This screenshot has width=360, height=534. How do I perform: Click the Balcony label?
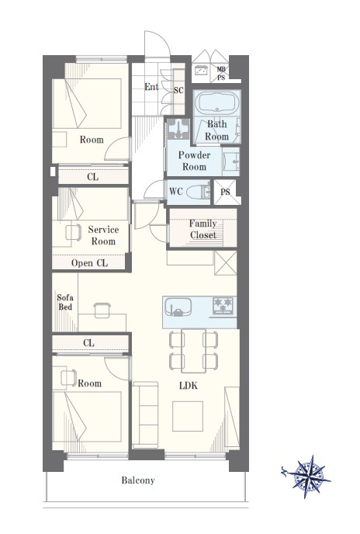[138, 480]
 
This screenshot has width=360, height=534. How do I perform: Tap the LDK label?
[189, 386]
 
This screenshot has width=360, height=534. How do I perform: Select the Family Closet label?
[203, 229]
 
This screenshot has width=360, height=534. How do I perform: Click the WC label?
[176, 192]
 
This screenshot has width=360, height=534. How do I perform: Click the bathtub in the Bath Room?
[217, 102]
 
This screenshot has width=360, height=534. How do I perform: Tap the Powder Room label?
[194, 161]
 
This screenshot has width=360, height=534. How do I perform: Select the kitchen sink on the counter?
[178, 307]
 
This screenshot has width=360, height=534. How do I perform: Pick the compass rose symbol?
[308, 476]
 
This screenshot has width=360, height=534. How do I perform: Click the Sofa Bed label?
[65, 302]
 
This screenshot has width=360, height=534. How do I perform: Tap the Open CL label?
[89, 263]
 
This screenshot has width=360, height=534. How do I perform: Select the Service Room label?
[103, 235]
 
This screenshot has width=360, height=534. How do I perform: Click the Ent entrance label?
[151, 87]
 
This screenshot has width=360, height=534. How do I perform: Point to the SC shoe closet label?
[178, 90]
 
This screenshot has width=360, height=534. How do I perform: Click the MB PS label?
[221, 74]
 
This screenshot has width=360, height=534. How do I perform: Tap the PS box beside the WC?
[225, 192]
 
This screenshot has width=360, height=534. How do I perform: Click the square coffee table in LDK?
[188, 416]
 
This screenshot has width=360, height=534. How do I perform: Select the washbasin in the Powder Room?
[231, 161]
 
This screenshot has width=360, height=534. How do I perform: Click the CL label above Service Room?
[92, 177]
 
